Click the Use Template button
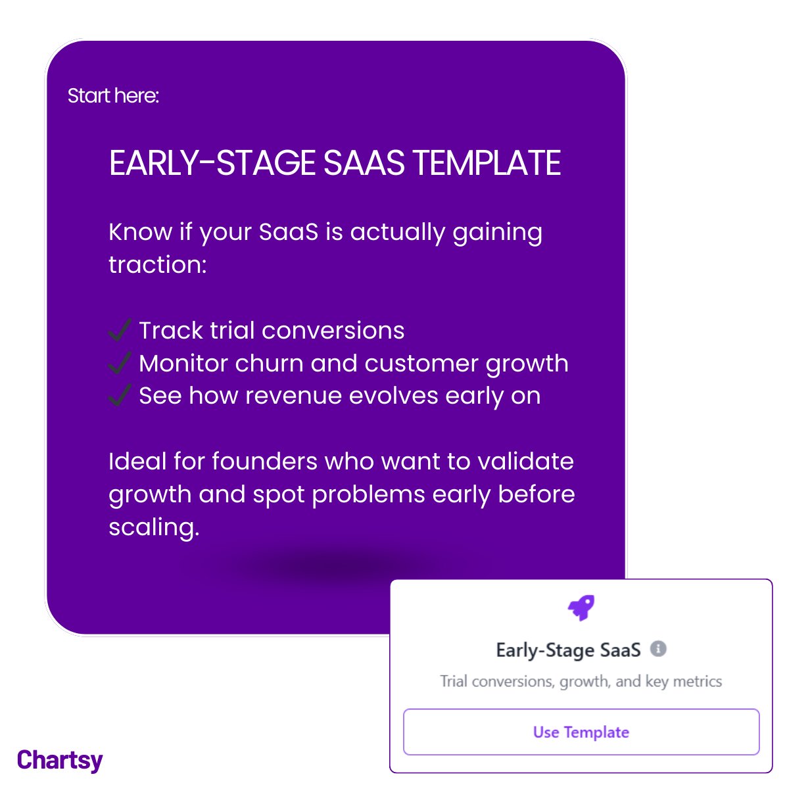(x=581, y=732)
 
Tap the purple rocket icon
(x=581, y=608)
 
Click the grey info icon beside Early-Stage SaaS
(x=658, y=649)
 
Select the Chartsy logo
(x=60, y=760)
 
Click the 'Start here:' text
(x=113, y=96)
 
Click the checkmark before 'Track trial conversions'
(x=120, y=330)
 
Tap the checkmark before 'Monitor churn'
(x=120, y=363)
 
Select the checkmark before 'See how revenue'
(x=120, y=396)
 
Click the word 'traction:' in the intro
(x=158, y=265)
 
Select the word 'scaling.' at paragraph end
(x=154, y=527)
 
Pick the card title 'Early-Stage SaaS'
(x=568, y=650)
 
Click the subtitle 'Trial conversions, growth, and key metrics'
(x=581, y=681)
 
